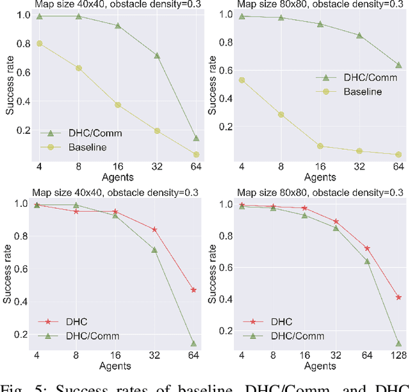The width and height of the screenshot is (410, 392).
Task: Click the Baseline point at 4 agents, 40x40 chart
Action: coord(40,44)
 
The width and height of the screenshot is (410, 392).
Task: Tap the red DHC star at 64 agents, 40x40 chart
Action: coord(193,290)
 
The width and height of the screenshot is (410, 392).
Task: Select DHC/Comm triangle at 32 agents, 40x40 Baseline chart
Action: coord(156,56)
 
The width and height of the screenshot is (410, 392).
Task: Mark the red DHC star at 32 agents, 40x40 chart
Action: coord(154,229)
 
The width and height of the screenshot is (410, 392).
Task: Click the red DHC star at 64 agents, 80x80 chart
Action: coord(368,248)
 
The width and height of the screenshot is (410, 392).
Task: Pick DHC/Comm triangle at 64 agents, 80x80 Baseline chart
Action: coord(398,65)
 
